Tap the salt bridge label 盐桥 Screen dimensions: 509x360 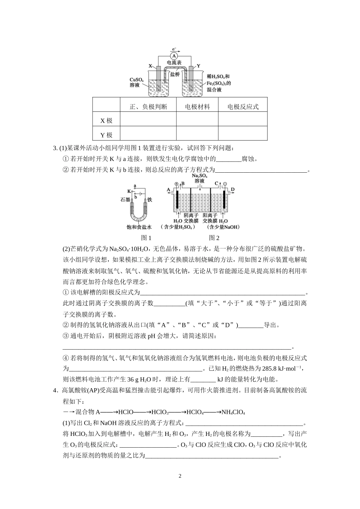point(175,74)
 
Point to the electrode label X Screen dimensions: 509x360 point(150,66)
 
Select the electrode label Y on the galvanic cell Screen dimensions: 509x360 point(198,66)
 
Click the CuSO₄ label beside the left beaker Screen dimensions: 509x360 point(136,80)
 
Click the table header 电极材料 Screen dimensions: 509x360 point(197,107)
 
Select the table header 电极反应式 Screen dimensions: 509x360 point(243,107)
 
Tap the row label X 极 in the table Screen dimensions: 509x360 point(106,121)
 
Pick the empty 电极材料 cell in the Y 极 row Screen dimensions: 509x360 point(197,135)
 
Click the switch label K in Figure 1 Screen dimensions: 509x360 point(129,190)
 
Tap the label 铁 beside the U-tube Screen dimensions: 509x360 point(150,200)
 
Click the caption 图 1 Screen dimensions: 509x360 point(146,238)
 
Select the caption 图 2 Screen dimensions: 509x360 point(214,238)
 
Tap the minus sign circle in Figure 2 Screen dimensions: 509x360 point(225,184)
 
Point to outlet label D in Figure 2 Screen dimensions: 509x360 point(233,189)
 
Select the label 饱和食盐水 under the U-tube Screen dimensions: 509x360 point(139,227)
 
